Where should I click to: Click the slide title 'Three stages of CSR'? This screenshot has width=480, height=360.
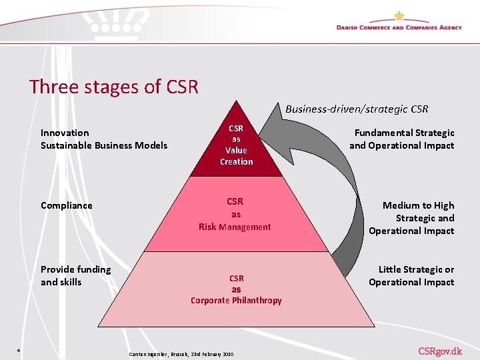coord(114,87)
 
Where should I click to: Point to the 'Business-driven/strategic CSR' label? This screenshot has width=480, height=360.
coord(357,109)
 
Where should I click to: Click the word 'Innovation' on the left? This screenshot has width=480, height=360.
coord(65,133)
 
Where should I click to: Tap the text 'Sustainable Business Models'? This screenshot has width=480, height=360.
coord(104,145)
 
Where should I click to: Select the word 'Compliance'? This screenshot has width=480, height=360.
coord(66,205)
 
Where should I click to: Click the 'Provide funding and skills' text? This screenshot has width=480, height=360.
coord(75,275)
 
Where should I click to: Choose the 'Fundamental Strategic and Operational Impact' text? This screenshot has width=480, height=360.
coord(402,139)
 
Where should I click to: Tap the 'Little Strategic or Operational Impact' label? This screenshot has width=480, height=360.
coord(411,275)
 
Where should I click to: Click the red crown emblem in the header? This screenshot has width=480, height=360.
coord(399,15)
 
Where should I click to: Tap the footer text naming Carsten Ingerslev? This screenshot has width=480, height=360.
coord(180,353)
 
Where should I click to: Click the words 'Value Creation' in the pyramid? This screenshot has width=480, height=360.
coord(237,156)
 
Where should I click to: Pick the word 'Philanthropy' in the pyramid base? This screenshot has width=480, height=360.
coord(257,301)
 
